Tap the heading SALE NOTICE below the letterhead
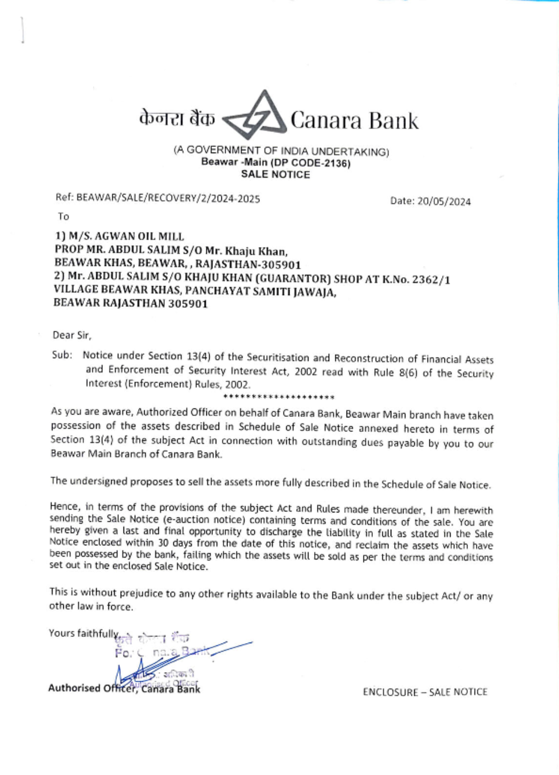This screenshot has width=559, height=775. click(275, 174)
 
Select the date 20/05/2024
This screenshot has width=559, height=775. click(444, 202)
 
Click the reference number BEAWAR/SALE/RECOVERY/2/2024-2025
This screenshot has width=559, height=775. click(168, 198)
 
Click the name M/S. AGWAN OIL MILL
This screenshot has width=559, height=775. click(126, 237)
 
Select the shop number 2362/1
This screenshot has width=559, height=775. click(431, 280)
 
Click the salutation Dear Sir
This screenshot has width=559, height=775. click(72, 335)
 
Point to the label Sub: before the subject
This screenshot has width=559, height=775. click(62, 355)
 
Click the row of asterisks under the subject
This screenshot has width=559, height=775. click(278, 397)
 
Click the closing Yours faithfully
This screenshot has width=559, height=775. click(83, 633)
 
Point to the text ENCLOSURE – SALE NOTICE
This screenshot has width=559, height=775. click(425, 692)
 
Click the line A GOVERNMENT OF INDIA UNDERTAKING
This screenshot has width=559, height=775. click(281, 151)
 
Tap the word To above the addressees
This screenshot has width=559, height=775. click(63, 217)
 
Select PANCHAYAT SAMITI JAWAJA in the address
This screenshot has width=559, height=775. click(260, 292)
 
